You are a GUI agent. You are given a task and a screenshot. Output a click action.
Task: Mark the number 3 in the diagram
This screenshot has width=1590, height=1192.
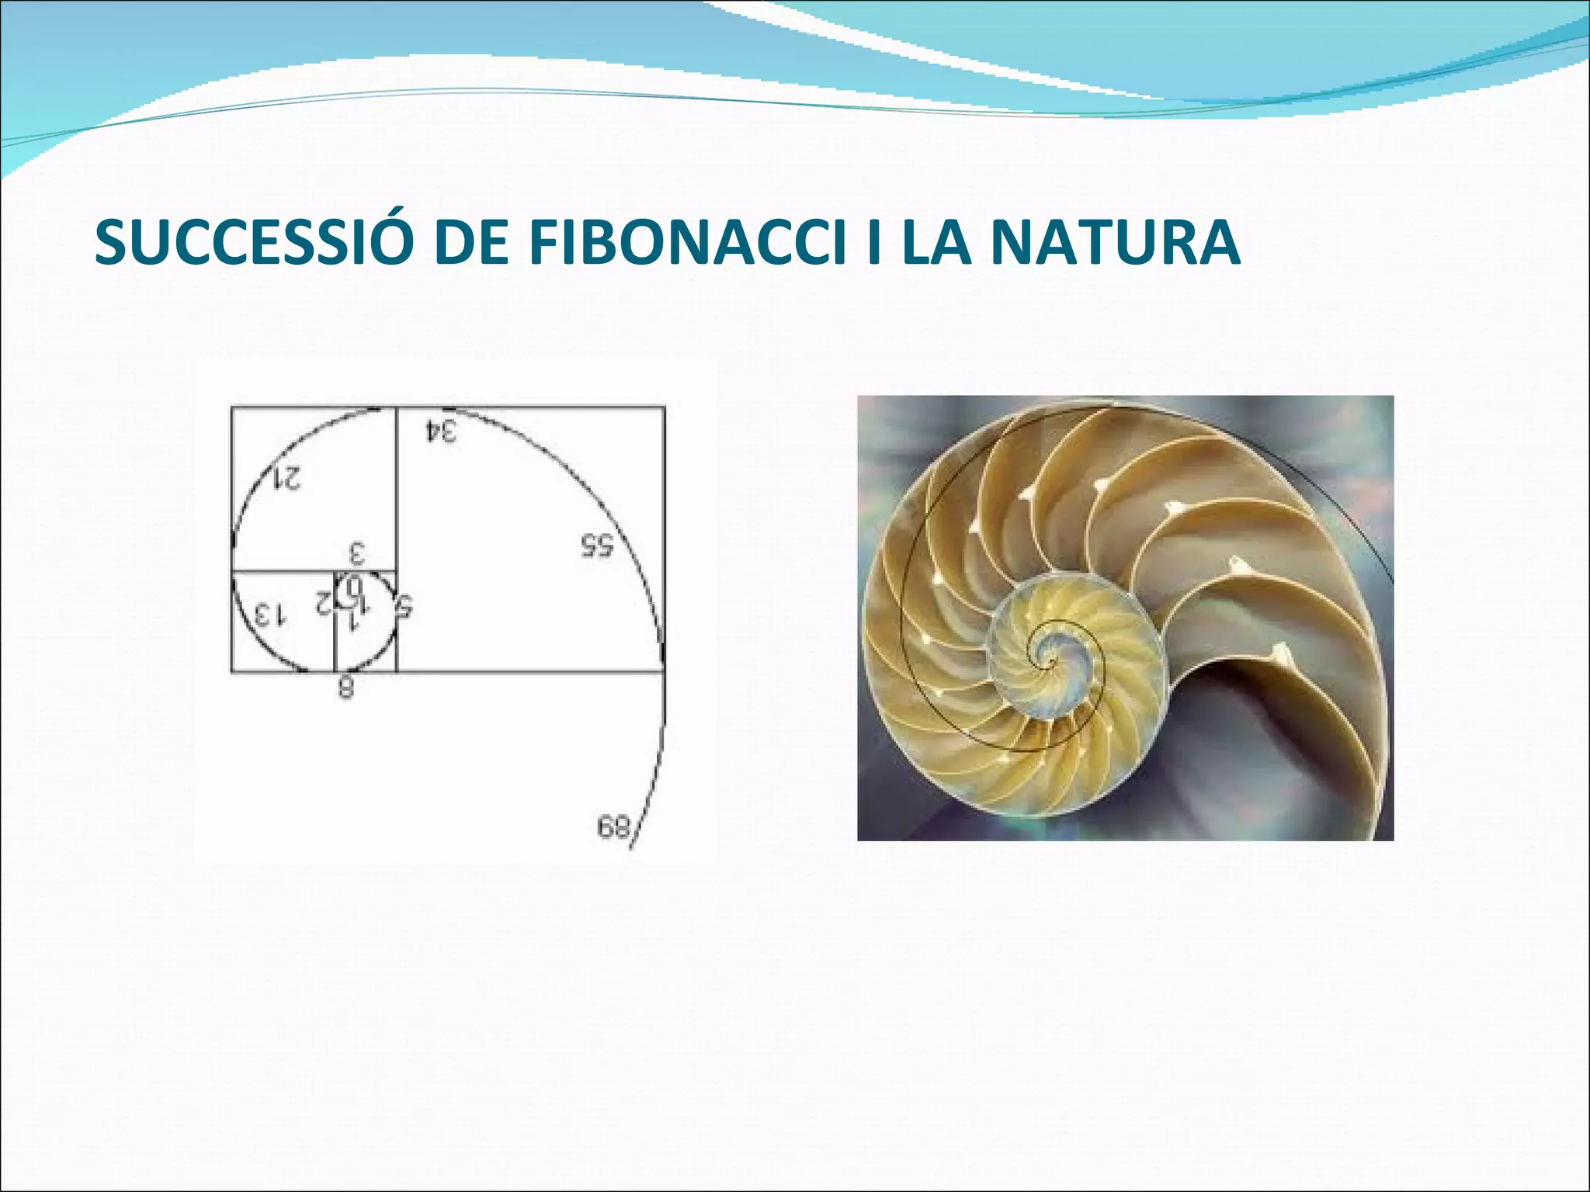point(356,554)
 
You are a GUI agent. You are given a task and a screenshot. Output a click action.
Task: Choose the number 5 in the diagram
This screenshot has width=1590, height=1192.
point(403,606)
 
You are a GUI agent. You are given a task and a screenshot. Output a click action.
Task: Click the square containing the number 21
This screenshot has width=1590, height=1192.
point(314,489)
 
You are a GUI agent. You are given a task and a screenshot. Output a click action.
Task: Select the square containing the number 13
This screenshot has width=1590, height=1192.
point(283,621)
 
